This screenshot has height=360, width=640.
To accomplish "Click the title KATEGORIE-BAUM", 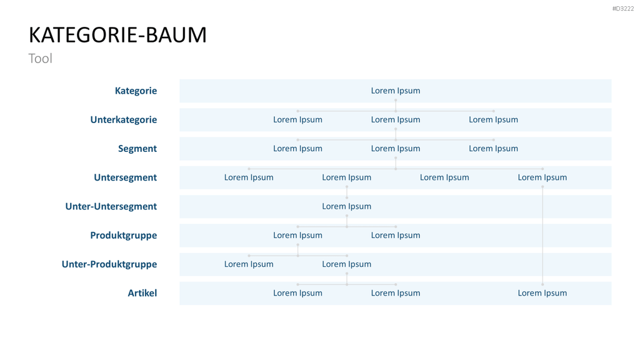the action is click(117, 35).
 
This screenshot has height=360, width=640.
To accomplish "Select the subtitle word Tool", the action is click(41, 58).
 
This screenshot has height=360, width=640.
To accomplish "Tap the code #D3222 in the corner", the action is click(623, 9).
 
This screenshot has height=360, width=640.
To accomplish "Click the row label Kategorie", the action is click(136, 91).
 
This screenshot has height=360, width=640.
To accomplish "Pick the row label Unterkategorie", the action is click(124, 119).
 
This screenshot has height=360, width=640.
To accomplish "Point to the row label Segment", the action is click(137, 149).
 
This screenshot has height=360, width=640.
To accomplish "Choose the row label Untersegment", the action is click(125, 177).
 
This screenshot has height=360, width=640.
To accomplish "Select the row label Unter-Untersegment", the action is click(111, 206).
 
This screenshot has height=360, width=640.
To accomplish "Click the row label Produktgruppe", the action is click(124, 236).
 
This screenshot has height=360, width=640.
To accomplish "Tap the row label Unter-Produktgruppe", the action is click(109, 264).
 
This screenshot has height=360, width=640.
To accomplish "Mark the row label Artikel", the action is click(142, 293).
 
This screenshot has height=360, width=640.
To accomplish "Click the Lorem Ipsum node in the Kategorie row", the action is click(396, 91).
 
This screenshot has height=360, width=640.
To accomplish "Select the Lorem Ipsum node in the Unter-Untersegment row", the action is click(346, 206).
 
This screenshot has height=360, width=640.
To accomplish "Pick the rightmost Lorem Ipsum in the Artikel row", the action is click(542, 293).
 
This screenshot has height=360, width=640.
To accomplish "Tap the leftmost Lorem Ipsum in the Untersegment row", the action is click(249, 177).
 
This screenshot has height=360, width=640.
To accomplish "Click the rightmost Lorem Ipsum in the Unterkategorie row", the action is click(494, 119).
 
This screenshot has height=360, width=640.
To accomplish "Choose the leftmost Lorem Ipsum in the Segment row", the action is click(297, 149).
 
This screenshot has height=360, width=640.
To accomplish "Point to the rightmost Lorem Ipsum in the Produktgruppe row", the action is click(396, 236).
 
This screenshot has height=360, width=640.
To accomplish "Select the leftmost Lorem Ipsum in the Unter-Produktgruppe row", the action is click(249, 264).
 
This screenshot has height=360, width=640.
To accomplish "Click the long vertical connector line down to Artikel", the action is click(542, 236).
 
